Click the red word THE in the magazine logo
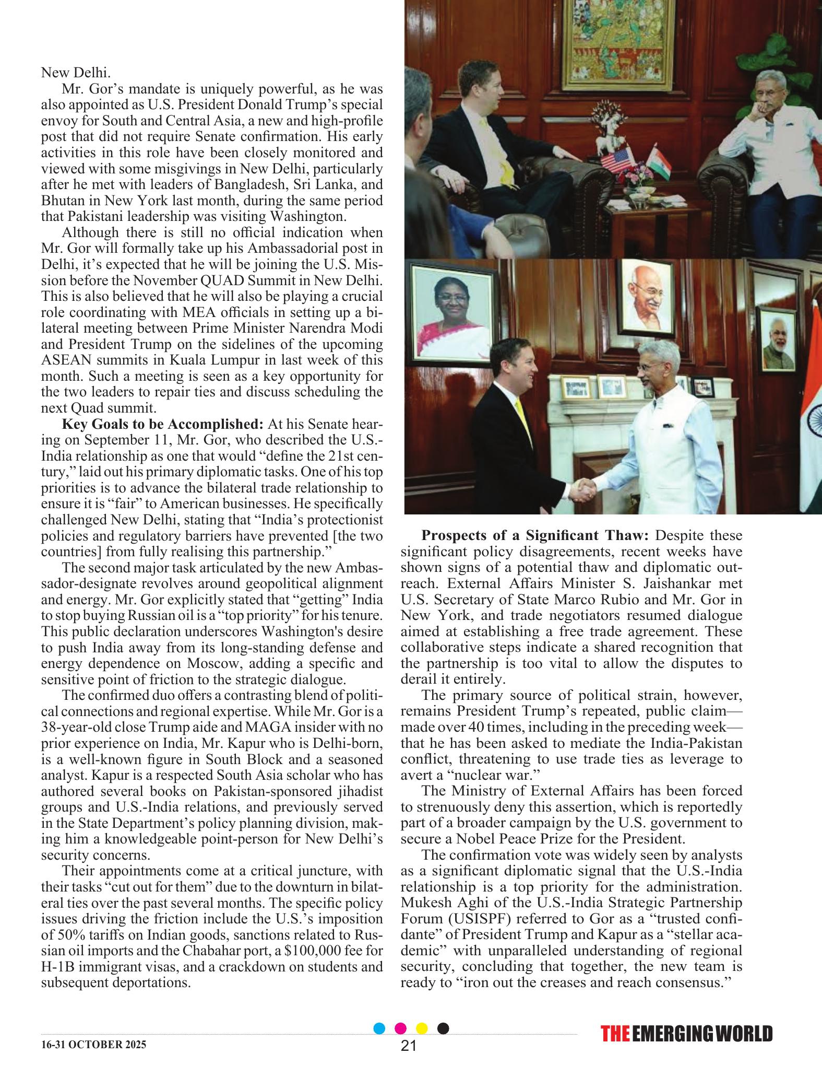coord(615,1034)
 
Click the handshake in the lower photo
coord(582,489)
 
